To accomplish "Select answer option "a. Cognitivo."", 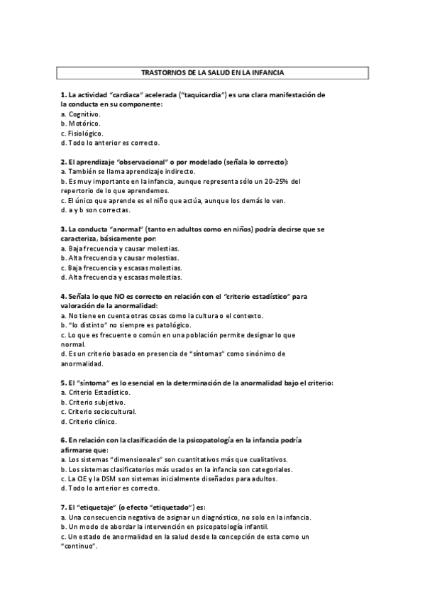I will tap(81, 113).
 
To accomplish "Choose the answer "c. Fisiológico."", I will tap(82, 132).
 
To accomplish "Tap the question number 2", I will tap(63, 162).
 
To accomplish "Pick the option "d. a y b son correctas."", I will tap(95, 210).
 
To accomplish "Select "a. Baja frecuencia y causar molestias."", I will tap(119, 248).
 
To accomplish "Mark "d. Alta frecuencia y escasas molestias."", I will tap(121, 278).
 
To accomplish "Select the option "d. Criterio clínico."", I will tap(91, 421).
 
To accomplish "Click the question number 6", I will tap(63, 440).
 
